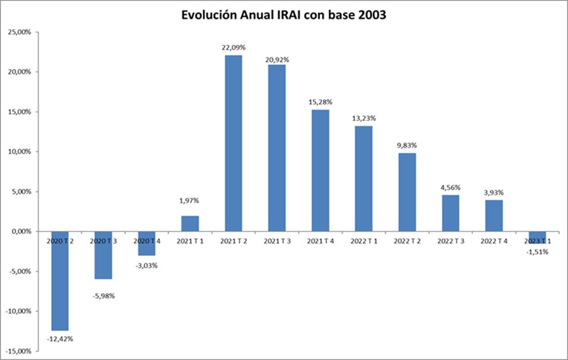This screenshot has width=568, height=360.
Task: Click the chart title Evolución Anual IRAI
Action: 283,16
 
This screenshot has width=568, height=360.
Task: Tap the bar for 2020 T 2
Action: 61,281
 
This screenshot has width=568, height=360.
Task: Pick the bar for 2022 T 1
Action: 364,179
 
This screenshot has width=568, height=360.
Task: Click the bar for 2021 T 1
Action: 191,224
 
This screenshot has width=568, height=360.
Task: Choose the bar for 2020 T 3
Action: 104,255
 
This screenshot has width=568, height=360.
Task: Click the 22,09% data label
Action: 234,47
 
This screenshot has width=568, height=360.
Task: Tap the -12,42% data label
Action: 61,339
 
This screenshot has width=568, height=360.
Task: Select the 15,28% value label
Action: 320,102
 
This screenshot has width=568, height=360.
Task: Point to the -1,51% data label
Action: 537,252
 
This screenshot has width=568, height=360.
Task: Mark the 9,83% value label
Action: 406,145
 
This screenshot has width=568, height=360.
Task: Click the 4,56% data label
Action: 450,187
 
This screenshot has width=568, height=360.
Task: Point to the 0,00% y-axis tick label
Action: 20,232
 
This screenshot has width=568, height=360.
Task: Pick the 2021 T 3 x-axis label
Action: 276,241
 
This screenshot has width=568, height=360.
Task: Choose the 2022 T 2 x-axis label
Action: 406,241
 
